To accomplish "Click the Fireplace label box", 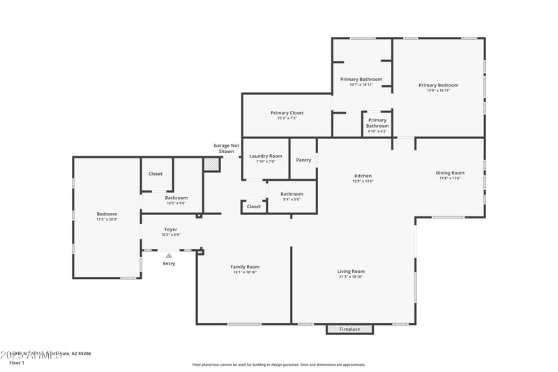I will (x=349, y=329).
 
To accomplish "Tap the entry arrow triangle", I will (x=169, y=256).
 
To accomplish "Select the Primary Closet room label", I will (x=287, y=113).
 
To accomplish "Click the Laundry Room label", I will (x=266, y=156).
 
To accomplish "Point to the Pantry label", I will (x=303, y=160).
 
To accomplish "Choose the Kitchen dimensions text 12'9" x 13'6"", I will (x=363, y=181).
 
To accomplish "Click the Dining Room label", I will (x=450, y=173).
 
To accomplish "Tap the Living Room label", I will (x=352, y=271).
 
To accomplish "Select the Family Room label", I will (x=245, y=267).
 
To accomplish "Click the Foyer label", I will (x=171, y=230).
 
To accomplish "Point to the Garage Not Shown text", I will (x=226, y=148).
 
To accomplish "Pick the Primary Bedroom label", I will (x=438, y=85).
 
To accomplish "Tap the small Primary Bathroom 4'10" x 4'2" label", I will (x=377, y=123).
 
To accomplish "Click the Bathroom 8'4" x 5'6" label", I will (x=292, y=194).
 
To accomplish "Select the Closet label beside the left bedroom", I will (x=156, y=174).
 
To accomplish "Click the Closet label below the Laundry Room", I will (x=254, y=207).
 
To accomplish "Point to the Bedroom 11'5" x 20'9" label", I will (x=107, y=214).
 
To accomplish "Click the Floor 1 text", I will (x=16, y=363).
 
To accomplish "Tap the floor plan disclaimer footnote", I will (x=278, y=364).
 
